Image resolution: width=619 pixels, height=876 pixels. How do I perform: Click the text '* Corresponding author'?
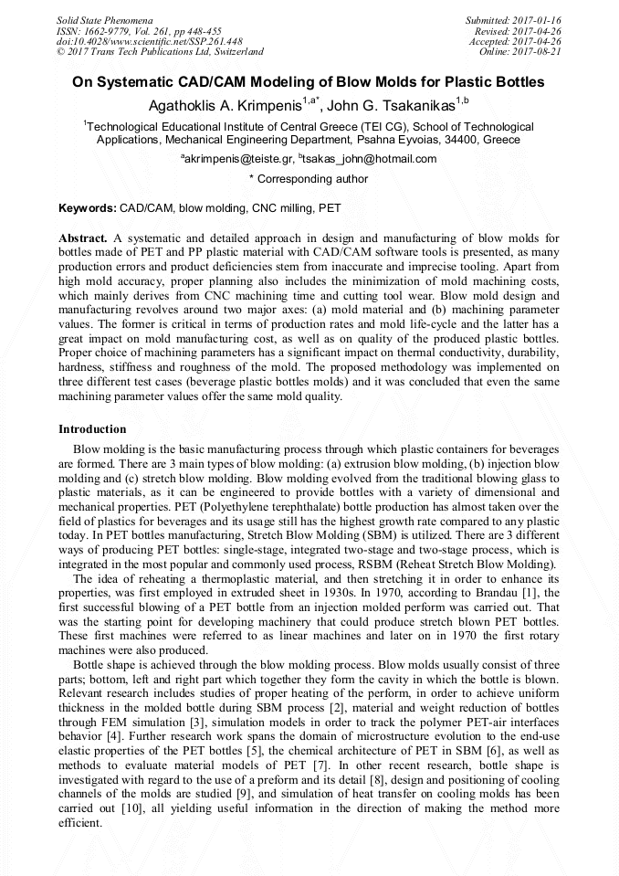point(309,180)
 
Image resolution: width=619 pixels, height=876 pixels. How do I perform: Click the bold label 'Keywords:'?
point(88,208)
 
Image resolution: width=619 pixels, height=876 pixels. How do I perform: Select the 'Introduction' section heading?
point(92,429)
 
